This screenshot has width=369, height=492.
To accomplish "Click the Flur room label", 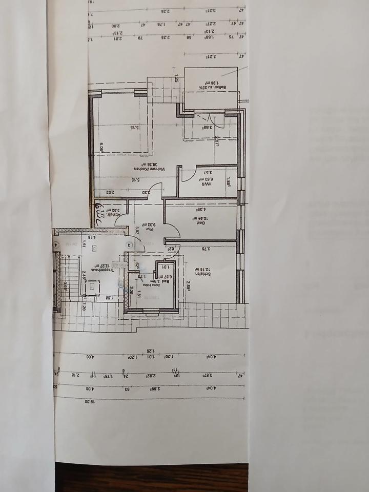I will coord(146,224).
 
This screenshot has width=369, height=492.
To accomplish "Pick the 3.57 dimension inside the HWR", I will coord(208,173).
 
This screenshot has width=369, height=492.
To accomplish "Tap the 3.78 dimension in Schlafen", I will coord(208,250).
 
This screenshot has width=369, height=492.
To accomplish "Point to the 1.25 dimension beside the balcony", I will coord(176,79).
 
